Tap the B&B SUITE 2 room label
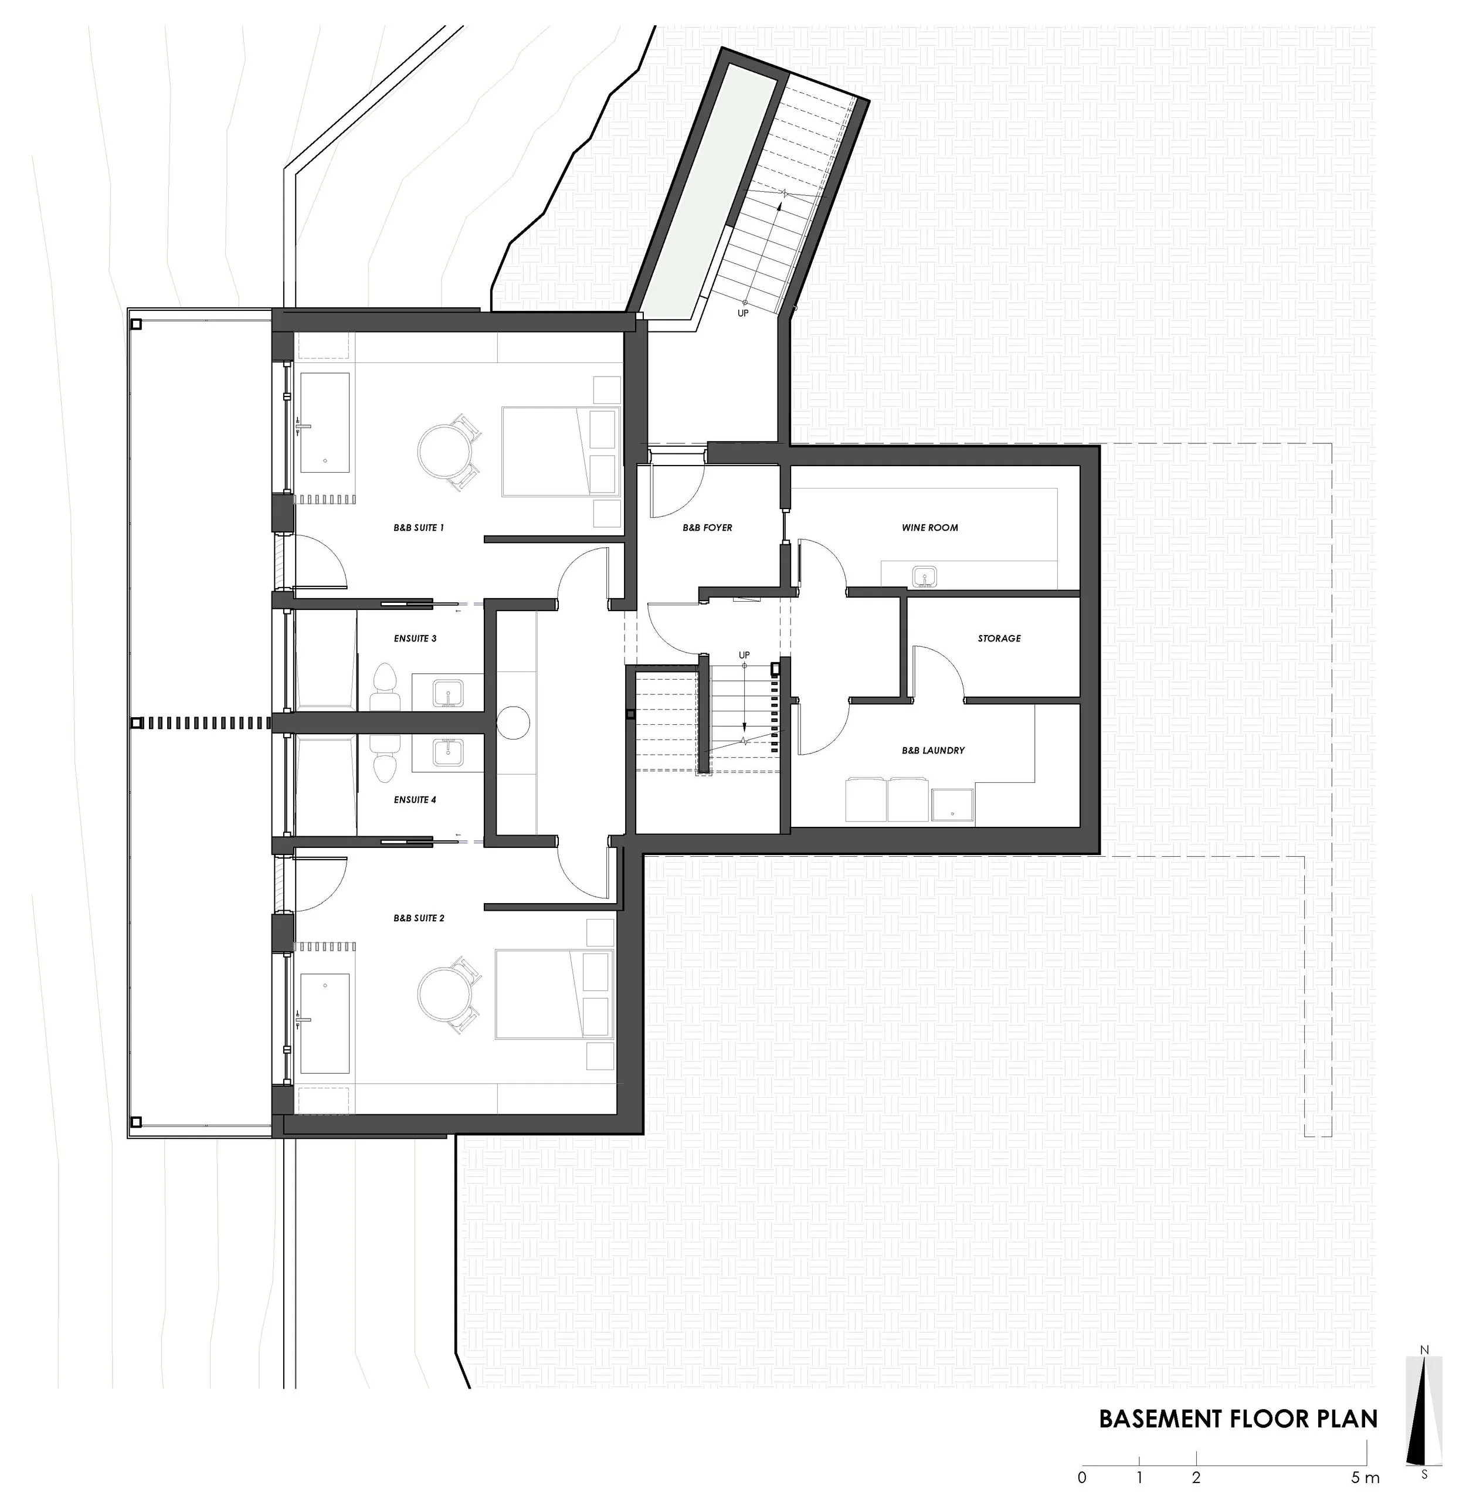point(419,918)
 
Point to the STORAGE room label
point(999,638)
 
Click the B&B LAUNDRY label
point(933,751)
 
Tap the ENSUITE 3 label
point(415,638)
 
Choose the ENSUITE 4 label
point(415,800)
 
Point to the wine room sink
point(923,576)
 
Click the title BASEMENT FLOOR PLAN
point(1238,1419)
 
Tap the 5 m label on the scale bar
point(1365,1477)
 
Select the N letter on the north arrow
point(1425,1371)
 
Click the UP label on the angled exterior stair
point(743,313)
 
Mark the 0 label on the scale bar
point(1082,1477)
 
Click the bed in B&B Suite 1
point(561,451)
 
